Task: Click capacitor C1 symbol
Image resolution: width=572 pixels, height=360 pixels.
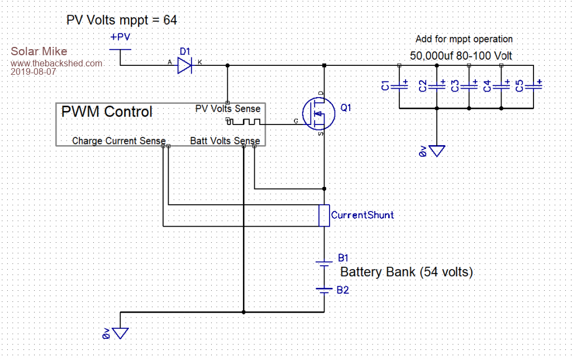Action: pos(399,86)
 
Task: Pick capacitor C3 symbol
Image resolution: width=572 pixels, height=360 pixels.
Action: pos(469,86)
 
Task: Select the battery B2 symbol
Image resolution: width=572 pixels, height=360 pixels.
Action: pos(324,289)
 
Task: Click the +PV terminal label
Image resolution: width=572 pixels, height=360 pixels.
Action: pos(121,38)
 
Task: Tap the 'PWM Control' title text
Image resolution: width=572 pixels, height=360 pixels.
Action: pos(106,112)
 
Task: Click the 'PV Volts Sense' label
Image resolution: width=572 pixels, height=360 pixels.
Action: pos(227,108)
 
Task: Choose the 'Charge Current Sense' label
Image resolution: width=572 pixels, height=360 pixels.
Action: pos(118,141)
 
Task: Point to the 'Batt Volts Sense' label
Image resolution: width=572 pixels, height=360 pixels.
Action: pos(225,141)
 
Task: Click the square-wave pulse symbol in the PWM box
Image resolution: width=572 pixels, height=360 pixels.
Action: pos(244,121)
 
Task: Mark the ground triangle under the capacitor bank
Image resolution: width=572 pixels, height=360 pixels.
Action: pos(437,151)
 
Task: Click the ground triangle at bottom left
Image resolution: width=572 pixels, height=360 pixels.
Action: pos(121,333)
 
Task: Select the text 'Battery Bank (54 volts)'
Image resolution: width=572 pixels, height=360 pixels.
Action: pos(406,272)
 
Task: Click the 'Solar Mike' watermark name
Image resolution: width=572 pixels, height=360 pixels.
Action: pos(39,52)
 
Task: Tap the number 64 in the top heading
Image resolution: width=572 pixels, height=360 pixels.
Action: pos(170,21)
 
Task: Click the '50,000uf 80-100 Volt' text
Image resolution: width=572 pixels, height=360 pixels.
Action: pos(461,56)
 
